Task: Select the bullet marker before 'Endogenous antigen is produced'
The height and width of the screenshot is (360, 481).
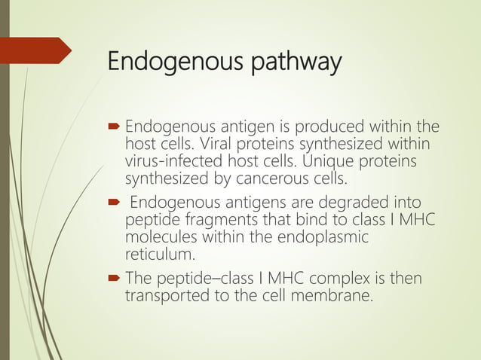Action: (114, 126)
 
